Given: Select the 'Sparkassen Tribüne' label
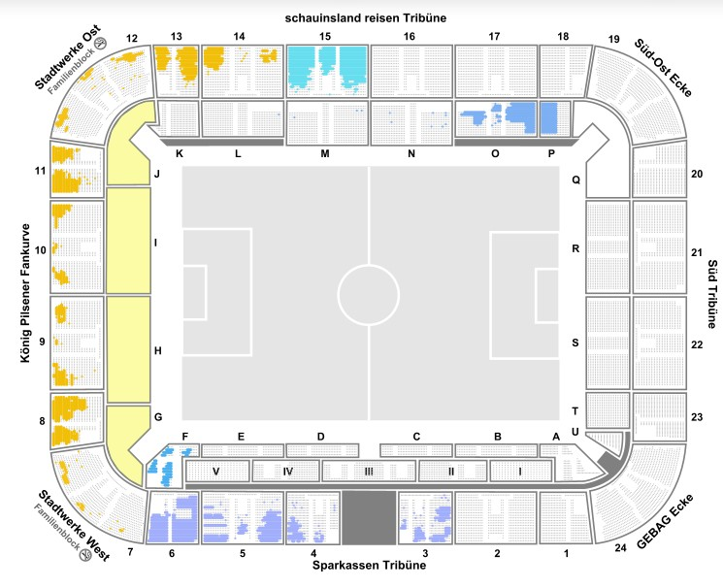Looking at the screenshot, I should coord(369,565).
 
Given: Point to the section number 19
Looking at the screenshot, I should coord(613,39).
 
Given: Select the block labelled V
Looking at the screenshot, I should coord(215,472).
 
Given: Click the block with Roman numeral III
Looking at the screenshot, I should coord(369,472).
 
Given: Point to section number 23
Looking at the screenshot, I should coord(696,417).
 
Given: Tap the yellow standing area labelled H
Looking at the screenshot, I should coord(128,349).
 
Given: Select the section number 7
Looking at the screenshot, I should coord(129,553).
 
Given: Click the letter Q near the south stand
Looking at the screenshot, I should coord(575,180).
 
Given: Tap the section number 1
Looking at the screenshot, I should coord(565,553).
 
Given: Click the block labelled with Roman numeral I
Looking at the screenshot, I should coord(520,472).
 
